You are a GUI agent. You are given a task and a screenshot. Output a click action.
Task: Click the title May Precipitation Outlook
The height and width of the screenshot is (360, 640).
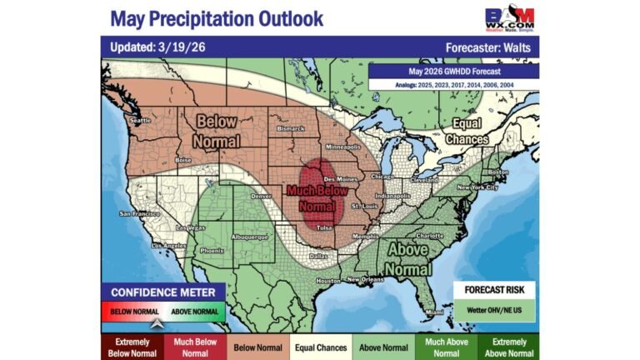(217, 18)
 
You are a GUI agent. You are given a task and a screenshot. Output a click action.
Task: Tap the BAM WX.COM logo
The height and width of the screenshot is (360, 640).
(510, 18)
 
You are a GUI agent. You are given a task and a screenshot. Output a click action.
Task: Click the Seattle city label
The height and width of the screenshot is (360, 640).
(140, 120)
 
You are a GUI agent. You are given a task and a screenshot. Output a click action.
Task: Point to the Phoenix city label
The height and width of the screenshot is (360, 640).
(212, 250)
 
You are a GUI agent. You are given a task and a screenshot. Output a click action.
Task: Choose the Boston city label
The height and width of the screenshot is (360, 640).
(498, 172)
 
